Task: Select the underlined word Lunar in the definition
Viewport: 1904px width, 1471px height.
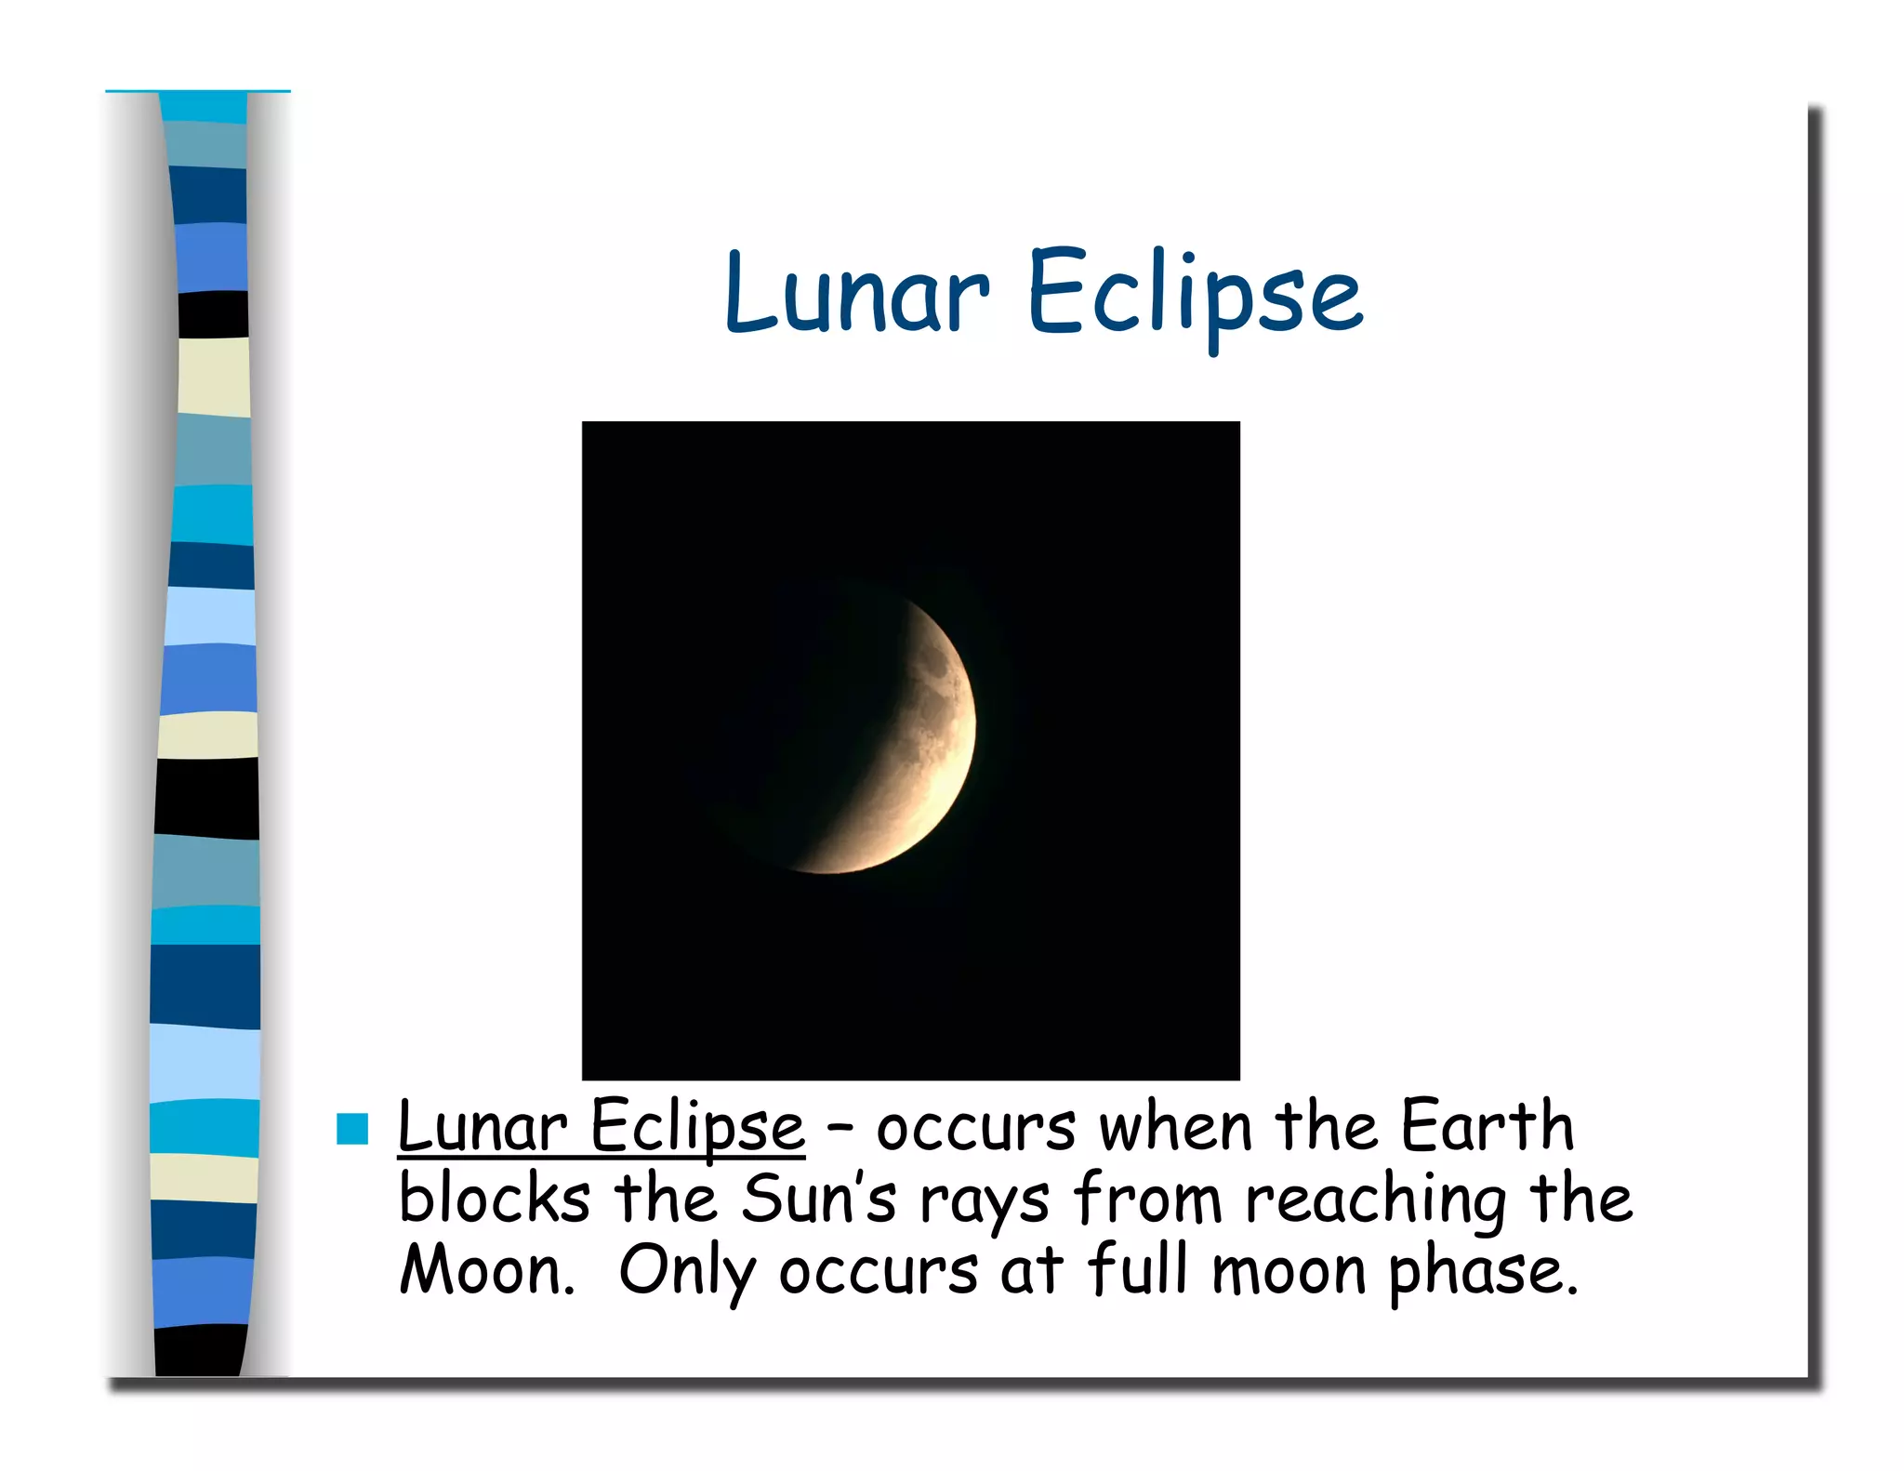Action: click(482, 1127)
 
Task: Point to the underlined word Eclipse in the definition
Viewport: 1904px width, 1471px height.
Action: click(697, 1127)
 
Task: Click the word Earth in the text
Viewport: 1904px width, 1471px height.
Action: click(1487, 1126)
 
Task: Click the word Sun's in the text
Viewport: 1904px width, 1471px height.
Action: click(818, 1199)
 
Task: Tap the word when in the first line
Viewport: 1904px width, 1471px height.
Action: click(1175, 1127)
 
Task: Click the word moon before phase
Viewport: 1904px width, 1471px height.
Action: click(1289, 1271)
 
